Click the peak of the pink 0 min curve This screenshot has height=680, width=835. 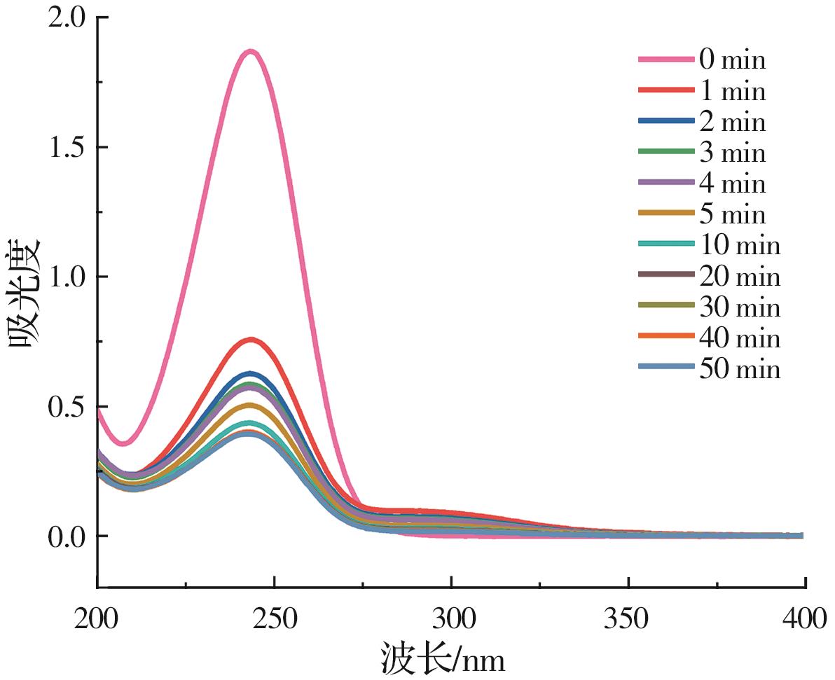pyautogui.click(x=250, y=52)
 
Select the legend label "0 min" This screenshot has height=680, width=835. pyautogui.click(x=732, y=60)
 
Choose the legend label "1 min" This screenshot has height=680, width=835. pyautogui.click(x=732, y=91)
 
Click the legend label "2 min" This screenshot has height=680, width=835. pyautogui.click(x=732, y=122)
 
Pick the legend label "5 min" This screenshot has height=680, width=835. pyautogui.click(x=732, y=214)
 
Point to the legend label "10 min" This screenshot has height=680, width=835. pyautogui.click(x=739, y=245)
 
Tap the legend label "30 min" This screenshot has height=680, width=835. pyautogui.click(x=739, y=307)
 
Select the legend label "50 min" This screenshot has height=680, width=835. pyautogui.click(x=739, y=368)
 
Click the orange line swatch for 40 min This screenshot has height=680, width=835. pyautogui.click(x=666, y=338)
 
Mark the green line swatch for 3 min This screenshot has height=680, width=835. pyautogui.click(x=666, y=153)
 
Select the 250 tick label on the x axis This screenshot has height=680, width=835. pyautogui.click(x=275, y=619)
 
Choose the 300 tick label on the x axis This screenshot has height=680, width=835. pyautogui.click(x=452, y=619)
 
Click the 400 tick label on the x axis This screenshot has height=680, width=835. pyautogui.click(x=804, y=619)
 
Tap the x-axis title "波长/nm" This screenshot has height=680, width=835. pyautogui.click(x=443, y=658)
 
